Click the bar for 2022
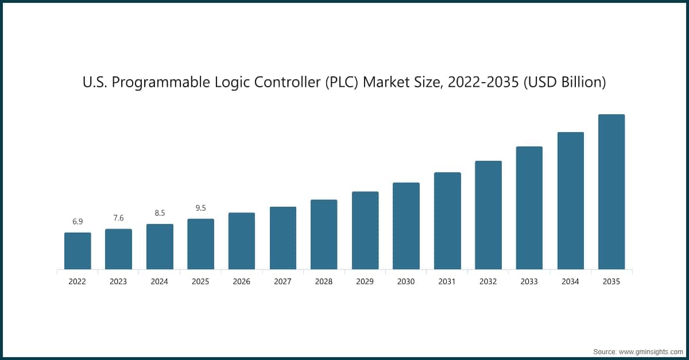click(x=78, y=251)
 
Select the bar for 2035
click(x=611, y=192)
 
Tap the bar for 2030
click(x=406, y=226)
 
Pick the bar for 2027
click(x=283, y=238)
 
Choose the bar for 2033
click(x=529, y=208)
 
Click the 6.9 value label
click(x=78, y=222)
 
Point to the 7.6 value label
click(x=118, y=218)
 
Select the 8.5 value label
click(x=160, y=213)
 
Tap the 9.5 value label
click(x=200, y=208)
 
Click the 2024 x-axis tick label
click(x=160, y=282)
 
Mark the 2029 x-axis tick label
click(x=365, y=282)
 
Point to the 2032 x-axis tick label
click(x=488, y=282)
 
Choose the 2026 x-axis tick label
click(x=242, y=282)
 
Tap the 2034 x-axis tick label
click(x=570, y=282)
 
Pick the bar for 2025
click(x=200, y=244)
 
